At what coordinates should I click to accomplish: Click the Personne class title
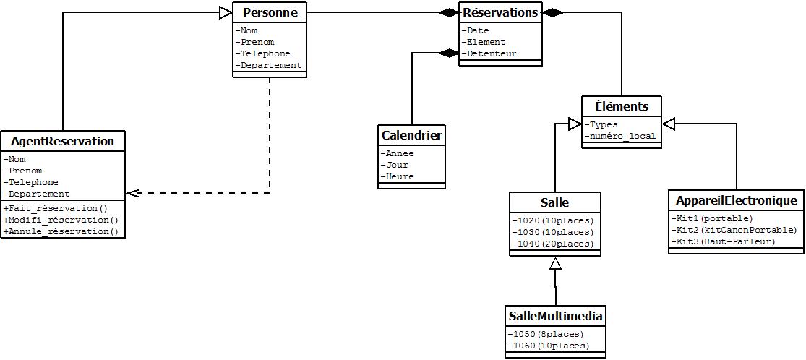pos(270,12)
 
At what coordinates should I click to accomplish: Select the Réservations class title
pos(500,12)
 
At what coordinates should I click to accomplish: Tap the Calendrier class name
pos(411,135)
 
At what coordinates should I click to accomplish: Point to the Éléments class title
pos(621,106)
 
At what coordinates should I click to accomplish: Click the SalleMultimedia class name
pos(555,316)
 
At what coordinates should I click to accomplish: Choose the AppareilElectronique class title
pos(736,200)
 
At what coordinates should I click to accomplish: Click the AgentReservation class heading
pos(63,141)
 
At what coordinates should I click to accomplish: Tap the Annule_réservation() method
pos(63,231)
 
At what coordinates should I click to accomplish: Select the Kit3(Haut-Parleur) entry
pos(725,241)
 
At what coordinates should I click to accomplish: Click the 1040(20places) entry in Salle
pos(554,244)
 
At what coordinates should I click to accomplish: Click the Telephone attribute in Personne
pos(265,53)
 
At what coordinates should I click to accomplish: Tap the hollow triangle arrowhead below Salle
pos(555,263)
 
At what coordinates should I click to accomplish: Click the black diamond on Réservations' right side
pos(553,12)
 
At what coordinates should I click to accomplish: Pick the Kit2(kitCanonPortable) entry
pos(735,230)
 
